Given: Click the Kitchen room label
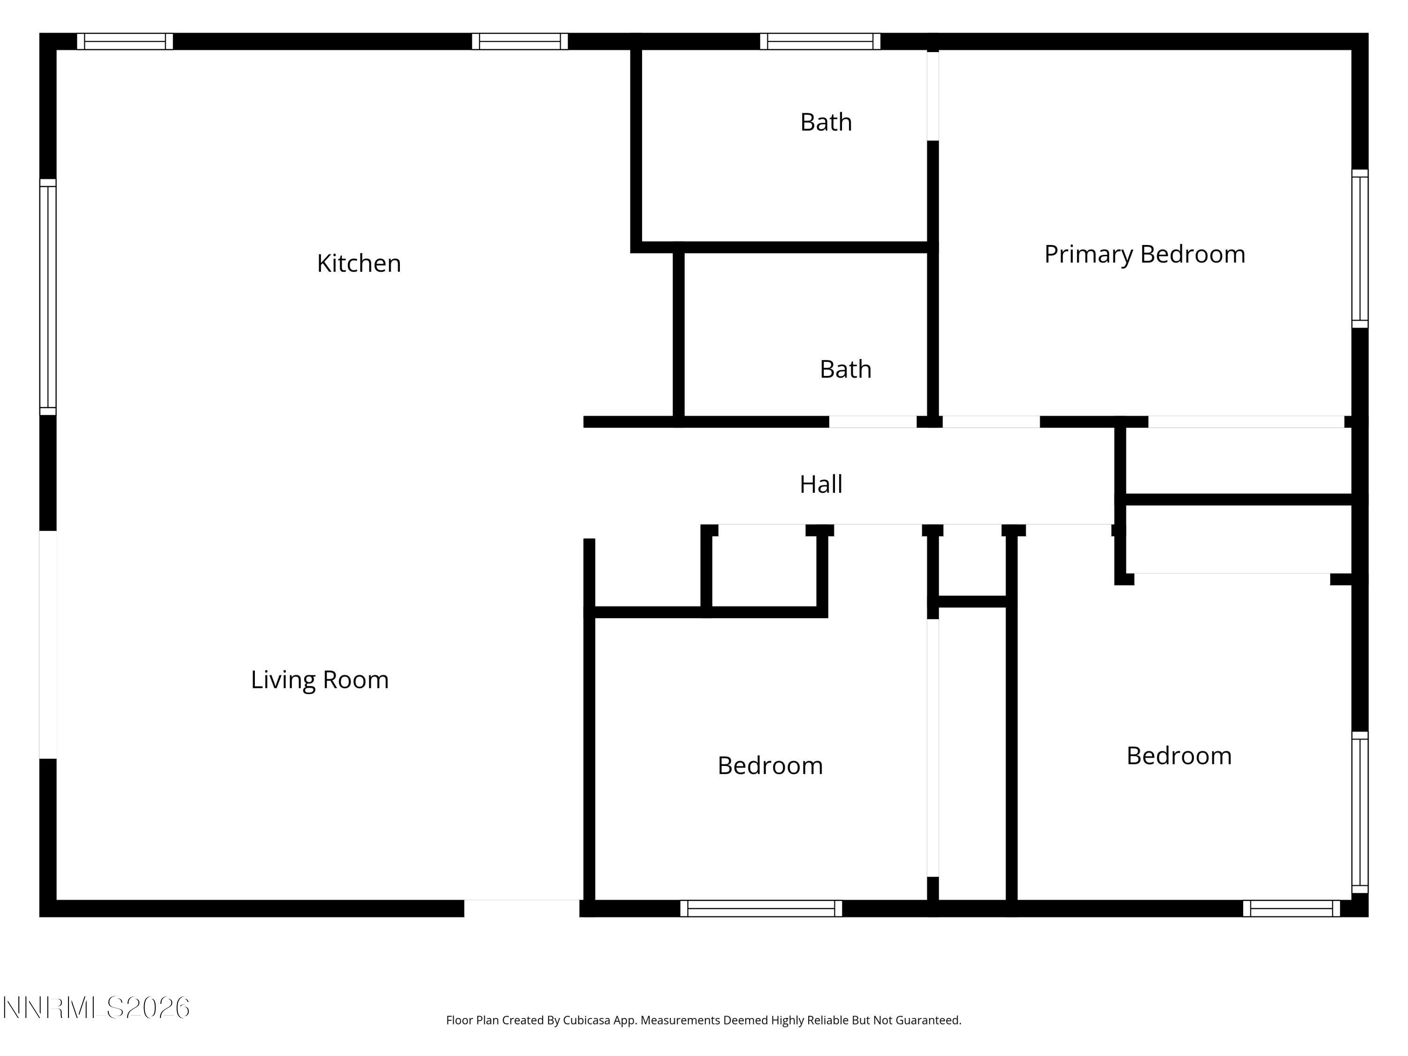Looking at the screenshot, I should pyautogui.click(x=359, y=263).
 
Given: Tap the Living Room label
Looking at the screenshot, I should pyautogui.click(x=320, y=680).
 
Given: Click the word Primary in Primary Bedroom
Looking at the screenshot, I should pyautogui.click(x=1088, y=254).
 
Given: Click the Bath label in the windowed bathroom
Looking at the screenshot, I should pyautogui.click(x=826, y=122).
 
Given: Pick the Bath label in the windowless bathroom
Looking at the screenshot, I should pyautogui.click(x=845, y=369).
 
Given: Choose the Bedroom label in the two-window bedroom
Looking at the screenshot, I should pyautogui.click(x=1179, y=756).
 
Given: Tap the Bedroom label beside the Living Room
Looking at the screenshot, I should pyautogui.click(x=770, y=766).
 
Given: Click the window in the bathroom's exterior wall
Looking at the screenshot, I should pyautogui.click(x=820, y=41).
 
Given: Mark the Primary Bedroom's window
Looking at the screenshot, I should pyautogui.click(x=1360, y=249).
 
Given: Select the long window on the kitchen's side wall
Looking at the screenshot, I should pyautogui.click(x=48, y=297).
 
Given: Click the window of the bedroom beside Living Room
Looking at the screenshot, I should pyautogui.click(x=761, y=908).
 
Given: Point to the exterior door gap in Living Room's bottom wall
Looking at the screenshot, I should pyautogui.click(x=521, y=908).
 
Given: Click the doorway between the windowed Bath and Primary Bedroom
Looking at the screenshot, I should pyautogui.click(x=933, y=95).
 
